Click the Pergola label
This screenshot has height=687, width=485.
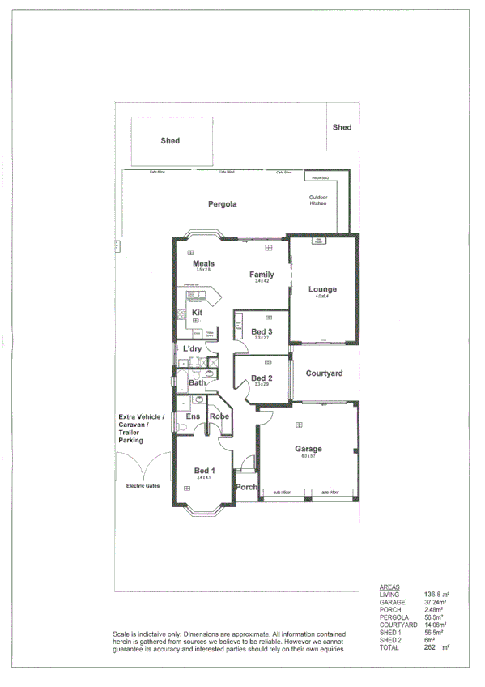[221, 204]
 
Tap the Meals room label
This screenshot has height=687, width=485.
[203, 263]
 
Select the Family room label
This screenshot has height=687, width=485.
[262, 275]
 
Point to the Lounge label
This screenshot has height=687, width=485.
[322, 289]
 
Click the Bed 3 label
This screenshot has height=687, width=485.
[262, 332]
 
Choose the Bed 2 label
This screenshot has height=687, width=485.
[262, 378]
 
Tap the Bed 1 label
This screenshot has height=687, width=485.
[204, 471]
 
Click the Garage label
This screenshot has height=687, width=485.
[308, 449]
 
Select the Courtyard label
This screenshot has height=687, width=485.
[324, 373]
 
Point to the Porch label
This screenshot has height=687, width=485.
[246, 488]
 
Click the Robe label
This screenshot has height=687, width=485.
[219, 416]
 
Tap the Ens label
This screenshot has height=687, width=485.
[193, 416]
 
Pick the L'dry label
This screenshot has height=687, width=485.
[192, 348]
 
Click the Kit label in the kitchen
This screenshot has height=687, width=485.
[197, 312]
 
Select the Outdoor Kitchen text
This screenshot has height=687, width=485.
[318, 201]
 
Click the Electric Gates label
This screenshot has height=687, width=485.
[143, 485]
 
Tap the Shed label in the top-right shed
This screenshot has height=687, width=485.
[342, 127]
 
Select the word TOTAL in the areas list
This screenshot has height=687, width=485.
[389, 647]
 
